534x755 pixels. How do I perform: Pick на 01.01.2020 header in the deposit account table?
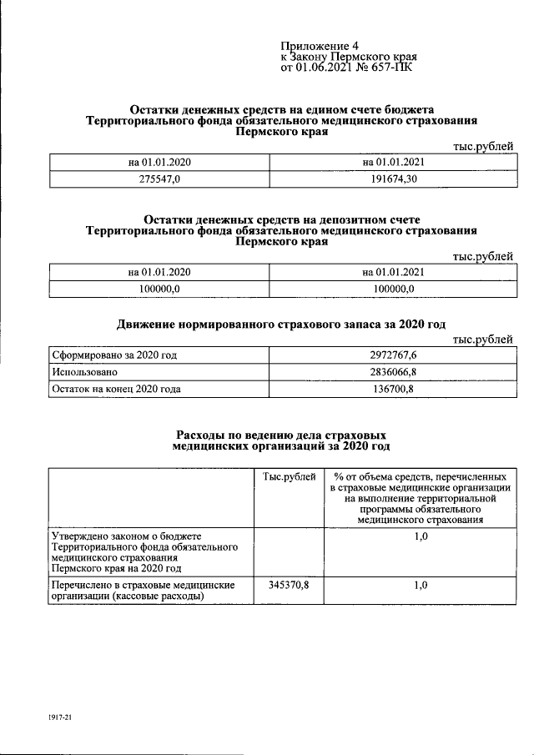tap(159, 272)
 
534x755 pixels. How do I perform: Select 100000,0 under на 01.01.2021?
tap(395, 289)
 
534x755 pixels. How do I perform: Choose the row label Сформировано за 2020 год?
tap(114, 355)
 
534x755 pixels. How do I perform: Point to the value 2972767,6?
tap(395, 355)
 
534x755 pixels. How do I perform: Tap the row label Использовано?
tap(84, 372)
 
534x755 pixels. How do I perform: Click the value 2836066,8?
tap(395, 372)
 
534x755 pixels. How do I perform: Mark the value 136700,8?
tap(395, 389)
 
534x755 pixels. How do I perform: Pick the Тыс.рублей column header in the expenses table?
tap(289, 476)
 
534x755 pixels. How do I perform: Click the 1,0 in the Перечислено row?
tap(421, 586)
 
